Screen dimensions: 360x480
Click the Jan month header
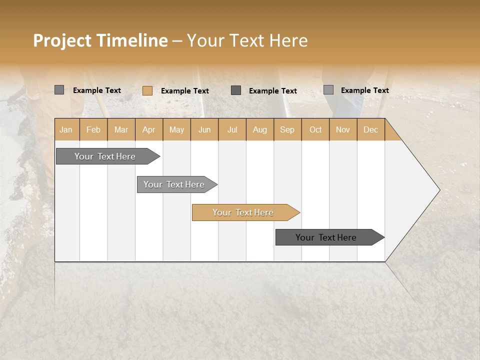[66, 129]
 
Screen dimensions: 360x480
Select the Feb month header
[93, 129]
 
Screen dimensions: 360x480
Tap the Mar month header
[121, 129]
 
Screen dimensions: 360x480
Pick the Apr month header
[149, 129]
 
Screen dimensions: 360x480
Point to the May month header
[176, 129]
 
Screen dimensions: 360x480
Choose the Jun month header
[204, 129]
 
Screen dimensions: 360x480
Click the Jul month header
[232, 129]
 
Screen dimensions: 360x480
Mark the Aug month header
[260, 129]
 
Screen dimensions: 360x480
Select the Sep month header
[287, 129]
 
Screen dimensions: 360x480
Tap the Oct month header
[315, 129]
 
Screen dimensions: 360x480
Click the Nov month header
[343, 129]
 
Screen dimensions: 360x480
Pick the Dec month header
[371, 129]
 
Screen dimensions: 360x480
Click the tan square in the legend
[147, 90]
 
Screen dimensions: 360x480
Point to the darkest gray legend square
[236, 90]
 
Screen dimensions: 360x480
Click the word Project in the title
[62, 40]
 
